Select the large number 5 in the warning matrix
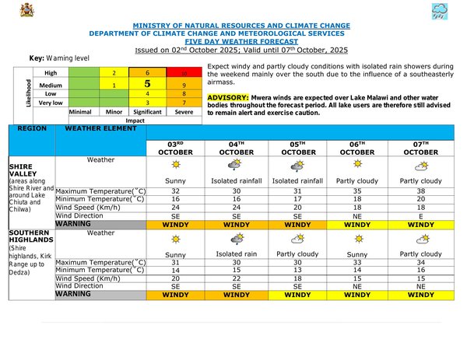[x=146, y=83]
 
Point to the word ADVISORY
[x=229, y=96]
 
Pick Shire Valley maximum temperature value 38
[x=420, y=190]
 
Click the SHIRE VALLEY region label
[x=27, y=171]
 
